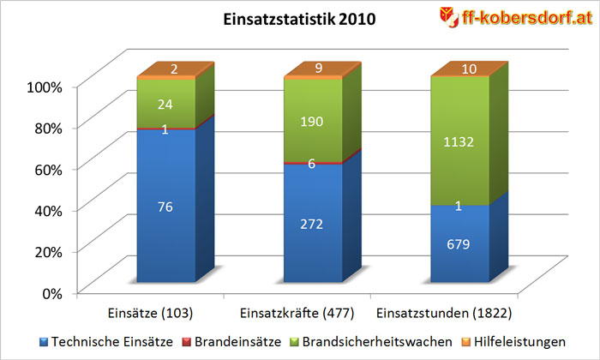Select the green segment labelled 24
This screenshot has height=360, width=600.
coord(165,103)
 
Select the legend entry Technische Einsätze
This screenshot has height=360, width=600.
coord(103,341)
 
